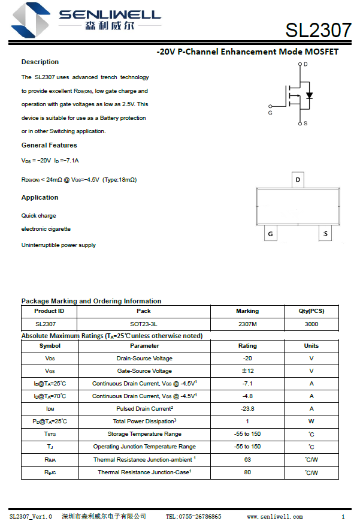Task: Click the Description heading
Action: click(x=40, y=62)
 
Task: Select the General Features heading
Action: click(x=49, y=145)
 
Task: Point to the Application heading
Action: click(x=40, y=197)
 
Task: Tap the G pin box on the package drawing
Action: click(x=271, y=234)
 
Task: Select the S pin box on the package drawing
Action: click(x=325, y=234)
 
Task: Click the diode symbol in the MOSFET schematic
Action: click(x=309, y=95)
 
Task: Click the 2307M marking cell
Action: click(x=247, y=324)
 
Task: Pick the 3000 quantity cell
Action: click(x=311, y=324)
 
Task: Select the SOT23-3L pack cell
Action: click(x=144, y=324)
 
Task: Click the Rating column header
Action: click(x=247, y=346)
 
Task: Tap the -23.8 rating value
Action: click(x=247, y=409)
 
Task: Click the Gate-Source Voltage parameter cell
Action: click(x=144, y=371)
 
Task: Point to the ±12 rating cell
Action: click(x=247, y=371)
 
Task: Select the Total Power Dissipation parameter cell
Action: click(x=144, y=421)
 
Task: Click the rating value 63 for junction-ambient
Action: click(x=247, y=460)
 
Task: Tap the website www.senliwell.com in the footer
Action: click(x=274, y=516)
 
